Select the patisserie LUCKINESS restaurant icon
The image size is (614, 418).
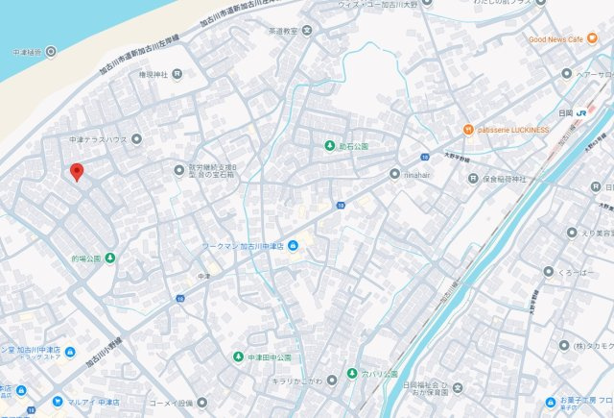[467, 129]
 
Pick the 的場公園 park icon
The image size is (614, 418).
[110, 258]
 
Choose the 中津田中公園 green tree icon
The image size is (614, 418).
[238, 358]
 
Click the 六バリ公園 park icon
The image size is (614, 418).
[352, 372]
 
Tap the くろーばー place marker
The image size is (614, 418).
[547, 271]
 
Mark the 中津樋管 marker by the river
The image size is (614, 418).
[51, 52]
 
